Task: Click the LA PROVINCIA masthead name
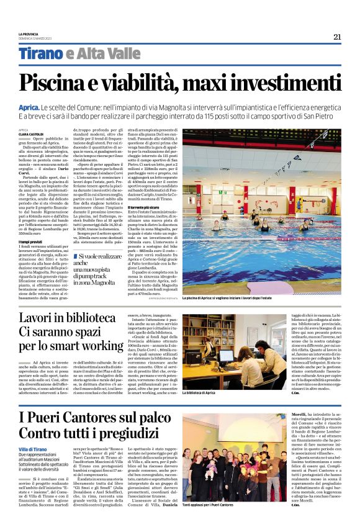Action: [x=28, y=34]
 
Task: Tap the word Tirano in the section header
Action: [x=39, y=54]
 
